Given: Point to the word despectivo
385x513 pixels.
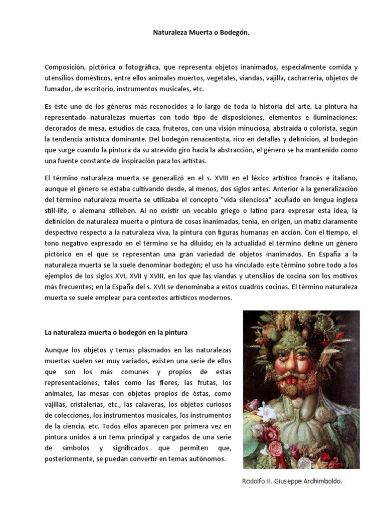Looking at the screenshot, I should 63,232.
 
